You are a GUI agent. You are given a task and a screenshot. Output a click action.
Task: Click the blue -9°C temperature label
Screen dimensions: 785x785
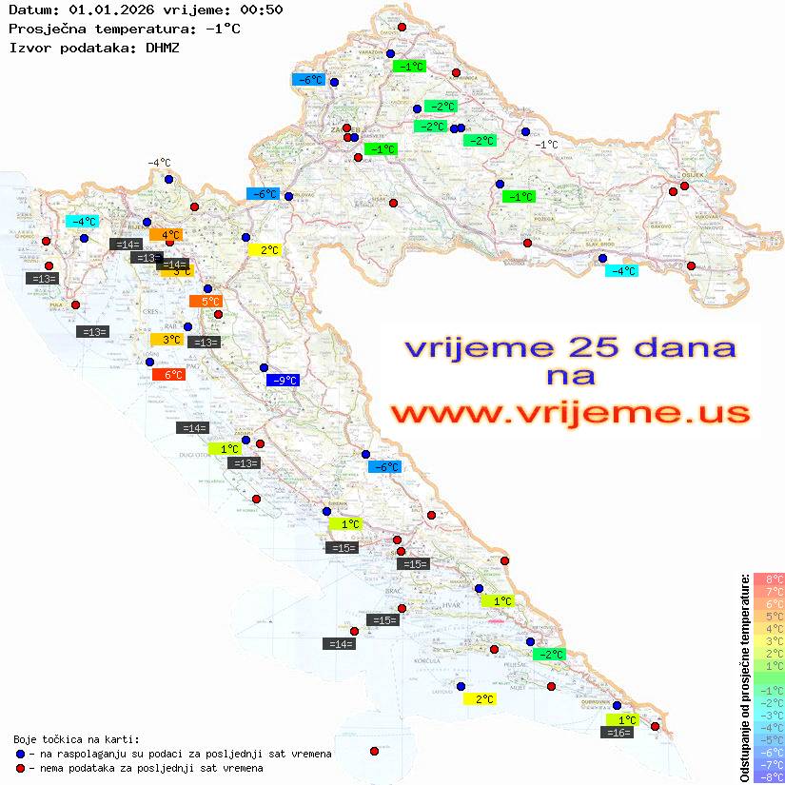pyautogui.click(x=283, y=381)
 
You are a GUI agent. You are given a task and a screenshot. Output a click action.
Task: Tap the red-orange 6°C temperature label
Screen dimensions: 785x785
pyautogui.click(x=168, y=375)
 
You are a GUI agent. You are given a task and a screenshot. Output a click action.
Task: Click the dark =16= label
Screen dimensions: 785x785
pyautogui.click(x=618, y=733)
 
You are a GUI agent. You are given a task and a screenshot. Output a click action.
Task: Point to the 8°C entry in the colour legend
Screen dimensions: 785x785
pyautogui.click(x=769, y=579)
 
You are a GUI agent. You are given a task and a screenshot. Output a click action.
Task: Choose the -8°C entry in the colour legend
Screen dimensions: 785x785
pyautogui.click(x=769, y=777)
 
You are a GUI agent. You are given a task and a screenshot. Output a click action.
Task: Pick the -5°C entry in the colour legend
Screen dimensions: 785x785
pyautogui.click(x=769, y=740)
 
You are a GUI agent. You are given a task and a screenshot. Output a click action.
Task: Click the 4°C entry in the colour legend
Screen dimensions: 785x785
pyautogui.click(x=769, y=628)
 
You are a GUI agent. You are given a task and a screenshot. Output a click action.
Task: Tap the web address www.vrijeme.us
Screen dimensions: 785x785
pyautogui.click(x=570, y=413)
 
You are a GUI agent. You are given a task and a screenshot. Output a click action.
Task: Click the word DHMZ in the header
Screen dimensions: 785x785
pyautogui.click(x=163, y=47)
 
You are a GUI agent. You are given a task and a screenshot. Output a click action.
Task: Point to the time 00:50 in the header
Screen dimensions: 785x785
pyautogui.click(x=262, y=10)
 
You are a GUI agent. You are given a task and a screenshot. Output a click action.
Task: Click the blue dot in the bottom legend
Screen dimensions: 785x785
pyautogui.click(x=19, y=754)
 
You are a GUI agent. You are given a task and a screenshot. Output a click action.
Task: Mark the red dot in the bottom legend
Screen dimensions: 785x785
pyautogui.click(x=19, y=768)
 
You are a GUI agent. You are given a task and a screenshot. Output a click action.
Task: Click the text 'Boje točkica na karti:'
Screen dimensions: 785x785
pyautogui.click(x=76, y=739)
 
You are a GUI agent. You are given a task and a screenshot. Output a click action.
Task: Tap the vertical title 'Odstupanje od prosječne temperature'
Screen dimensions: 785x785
pyautogui.click(x=744, y=677)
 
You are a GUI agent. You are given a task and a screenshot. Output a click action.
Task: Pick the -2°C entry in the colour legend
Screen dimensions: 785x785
pyautogui.click(x=769, y=703)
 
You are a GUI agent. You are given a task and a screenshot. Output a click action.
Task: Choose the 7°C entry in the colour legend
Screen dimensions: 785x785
pyautogui.click(x=769, y=591)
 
